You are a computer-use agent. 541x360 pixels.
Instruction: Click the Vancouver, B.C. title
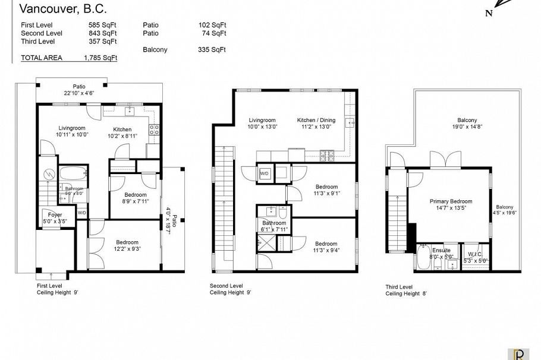55,8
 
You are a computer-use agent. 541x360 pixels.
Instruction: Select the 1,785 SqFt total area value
100,58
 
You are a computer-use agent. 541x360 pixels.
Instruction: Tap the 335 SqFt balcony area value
212,50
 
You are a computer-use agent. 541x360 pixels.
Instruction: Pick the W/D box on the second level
264,173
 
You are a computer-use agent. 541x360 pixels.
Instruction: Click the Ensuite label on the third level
441,251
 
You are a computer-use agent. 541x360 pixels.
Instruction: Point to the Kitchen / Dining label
316,121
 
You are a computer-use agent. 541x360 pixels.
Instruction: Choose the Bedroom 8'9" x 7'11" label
136,198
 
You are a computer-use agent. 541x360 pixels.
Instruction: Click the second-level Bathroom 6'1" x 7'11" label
275,226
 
